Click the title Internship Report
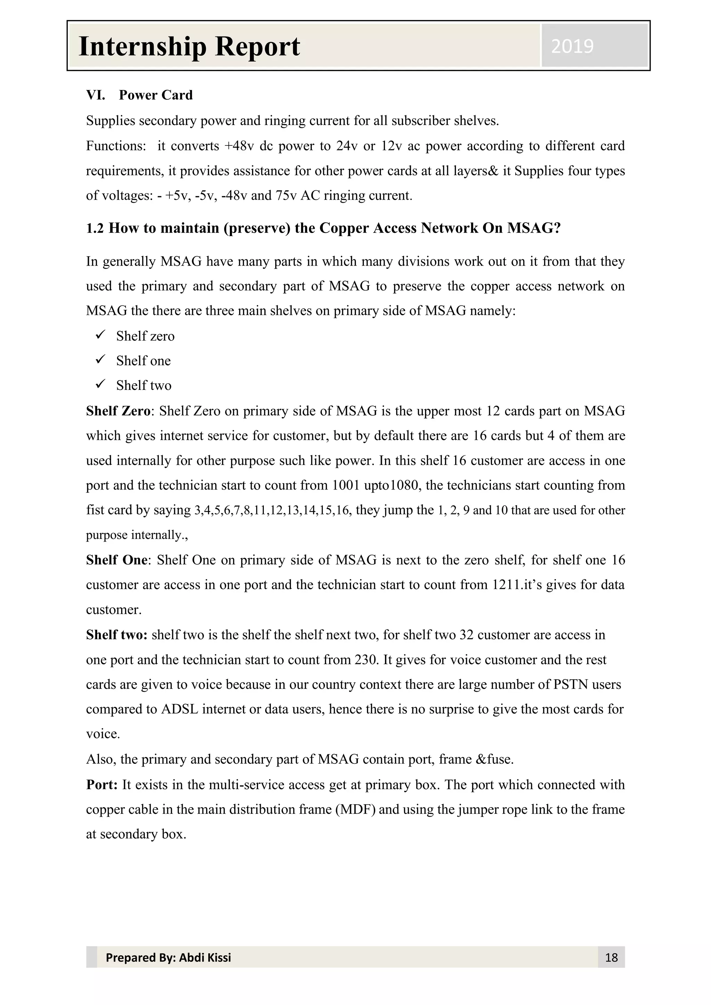pos(189,47)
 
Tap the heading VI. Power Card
pos(139,95)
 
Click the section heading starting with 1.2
pos(323,228)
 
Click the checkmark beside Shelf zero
pos(100,335)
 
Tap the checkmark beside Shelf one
pos(100,360)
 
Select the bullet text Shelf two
pos(144,385)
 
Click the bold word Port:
pos(102,785)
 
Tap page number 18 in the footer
pos(611,957)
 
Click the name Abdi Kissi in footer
pos(205,957)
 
